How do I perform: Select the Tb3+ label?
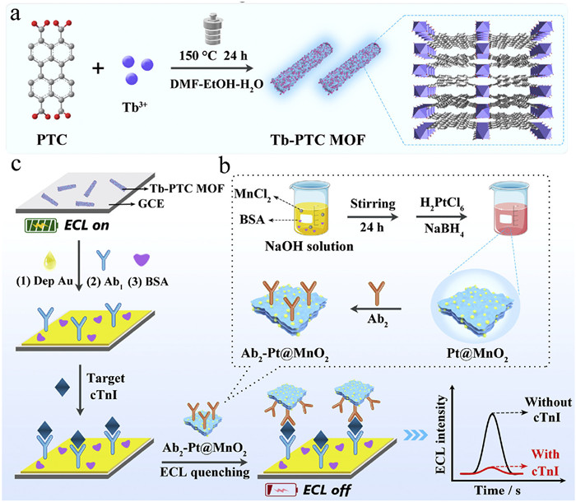tap(137, 105)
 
